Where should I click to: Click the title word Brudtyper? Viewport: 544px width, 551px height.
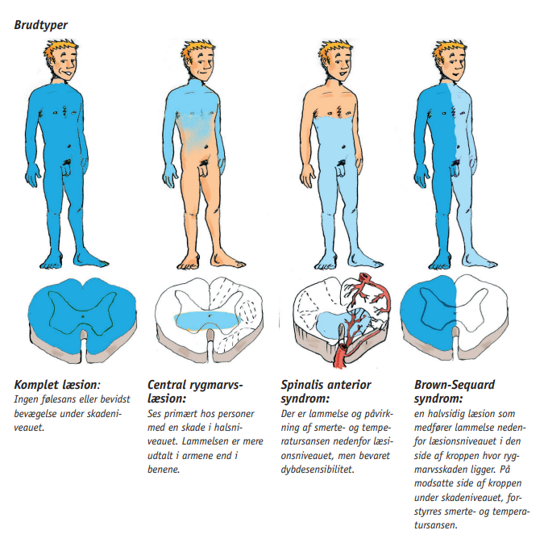point(41,25)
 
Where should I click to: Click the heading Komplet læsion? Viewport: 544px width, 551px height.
point(57,385)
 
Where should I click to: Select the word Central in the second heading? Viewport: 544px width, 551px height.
point(166,385)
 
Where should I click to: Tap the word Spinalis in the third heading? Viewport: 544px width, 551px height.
point(302,385)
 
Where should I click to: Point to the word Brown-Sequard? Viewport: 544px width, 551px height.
point(455,385)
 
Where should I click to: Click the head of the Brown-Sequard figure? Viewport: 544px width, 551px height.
point(451,61)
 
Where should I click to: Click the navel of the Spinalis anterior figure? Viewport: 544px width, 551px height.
point(343,147)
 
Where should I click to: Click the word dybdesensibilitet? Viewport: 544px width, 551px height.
point(318,470)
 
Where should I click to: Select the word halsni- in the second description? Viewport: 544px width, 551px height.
point(229,428)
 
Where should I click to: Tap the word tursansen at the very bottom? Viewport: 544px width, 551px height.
point(436,525)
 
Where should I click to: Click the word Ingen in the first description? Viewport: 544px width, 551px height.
point(24,399)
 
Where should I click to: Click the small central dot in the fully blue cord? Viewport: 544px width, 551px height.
point(82,316)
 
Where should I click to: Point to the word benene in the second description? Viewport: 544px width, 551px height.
point(164,470)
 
